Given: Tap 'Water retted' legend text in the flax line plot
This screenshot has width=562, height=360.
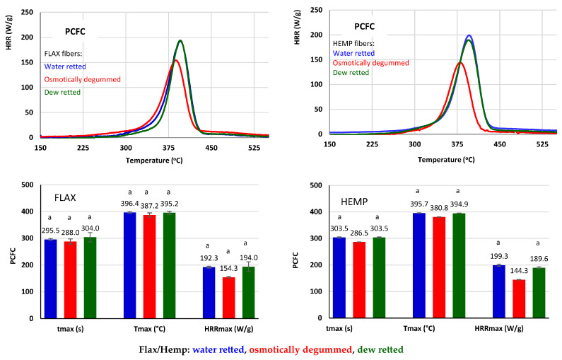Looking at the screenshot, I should [x=65, y=66].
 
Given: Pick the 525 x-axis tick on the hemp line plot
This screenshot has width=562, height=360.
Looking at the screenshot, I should [x=541, y=144].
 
